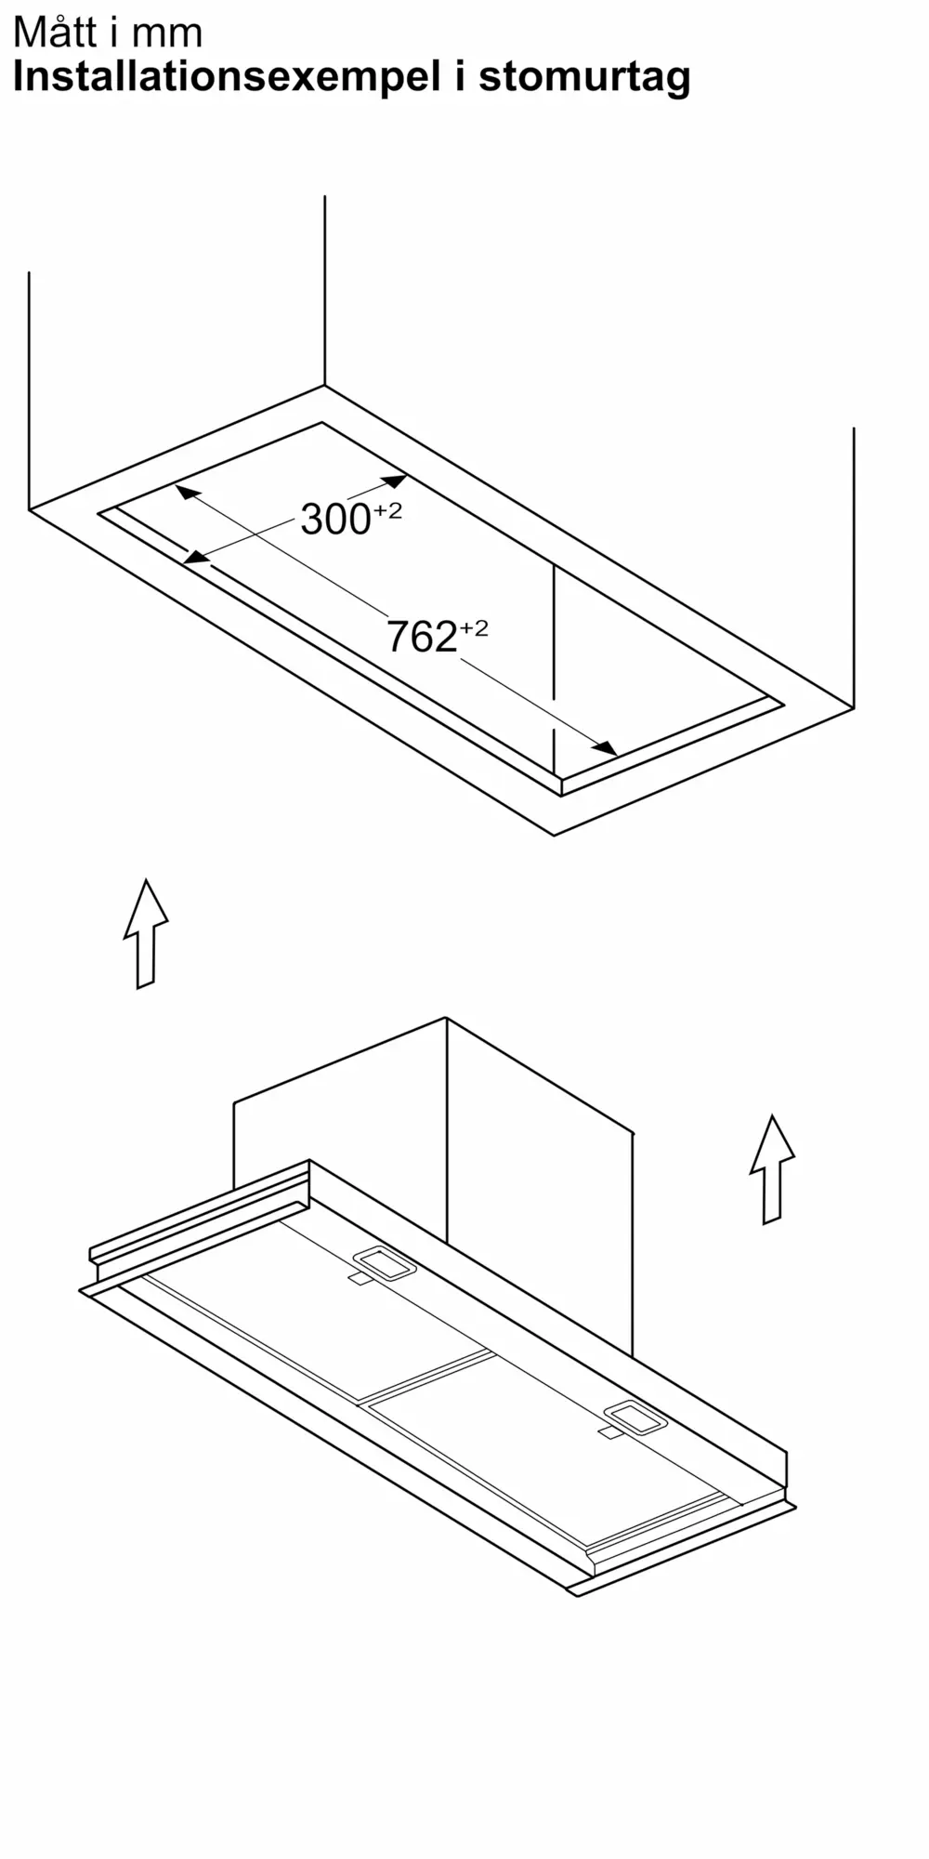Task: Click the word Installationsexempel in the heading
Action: click(227, 77)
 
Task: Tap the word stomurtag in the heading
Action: click(584, 77)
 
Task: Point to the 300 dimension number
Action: click(335, 520)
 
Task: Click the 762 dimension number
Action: click(421, 638)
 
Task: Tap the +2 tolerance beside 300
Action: click(388, 510)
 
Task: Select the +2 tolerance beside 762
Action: click(474, 628)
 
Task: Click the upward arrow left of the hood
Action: click(146, 933)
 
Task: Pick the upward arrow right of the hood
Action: click(772, 1169)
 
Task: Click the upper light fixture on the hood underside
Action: click(384, 1262)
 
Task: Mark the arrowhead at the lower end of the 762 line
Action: click(606, 747)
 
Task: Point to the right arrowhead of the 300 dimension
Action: click(394, 481)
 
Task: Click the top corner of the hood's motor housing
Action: click(447, 1018)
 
